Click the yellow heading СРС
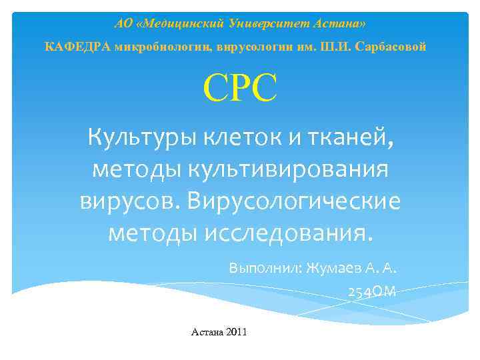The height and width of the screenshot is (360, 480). [240, 89]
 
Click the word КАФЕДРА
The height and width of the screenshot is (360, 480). [77, 47]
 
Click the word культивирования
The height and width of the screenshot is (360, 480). [291, 169]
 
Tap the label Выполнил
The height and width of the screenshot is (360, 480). [263, 269]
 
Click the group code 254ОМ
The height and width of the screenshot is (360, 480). [372, 291]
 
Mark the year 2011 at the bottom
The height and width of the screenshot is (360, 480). [237, 331]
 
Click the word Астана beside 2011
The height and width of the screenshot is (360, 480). [207, 331]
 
